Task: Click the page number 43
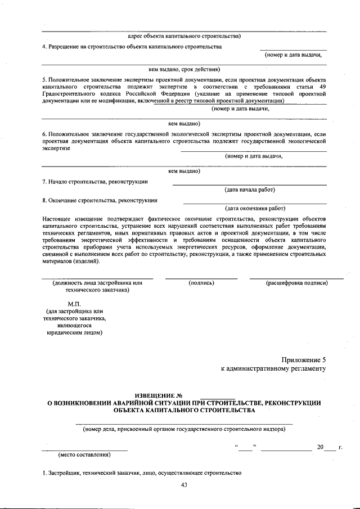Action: point(183,485)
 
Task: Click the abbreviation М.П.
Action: point(75,304)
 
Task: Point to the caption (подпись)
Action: point(201,283)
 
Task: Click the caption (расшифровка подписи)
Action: point(296,283)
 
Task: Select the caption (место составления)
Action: point(84,454)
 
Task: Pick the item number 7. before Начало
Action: point(44,182)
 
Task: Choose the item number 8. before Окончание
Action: point(44,200)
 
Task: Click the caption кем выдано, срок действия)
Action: point(183,70)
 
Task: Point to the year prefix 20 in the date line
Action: point(320,447)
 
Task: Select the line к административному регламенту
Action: point(273,370)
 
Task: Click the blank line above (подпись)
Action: point(201,277)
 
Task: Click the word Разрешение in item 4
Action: point(67,46)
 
